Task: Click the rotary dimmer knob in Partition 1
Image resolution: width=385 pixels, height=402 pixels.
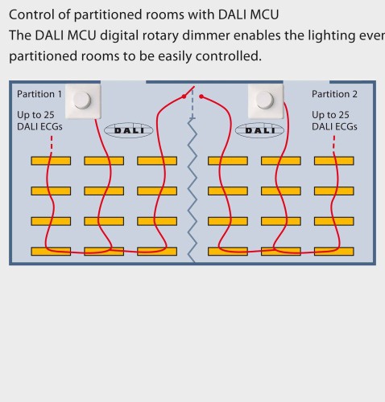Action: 82,100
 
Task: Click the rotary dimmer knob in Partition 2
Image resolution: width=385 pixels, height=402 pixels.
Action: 265,100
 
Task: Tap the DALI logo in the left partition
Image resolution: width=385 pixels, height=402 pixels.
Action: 128,130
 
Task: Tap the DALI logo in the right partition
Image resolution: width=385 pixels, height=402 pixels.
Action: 259,130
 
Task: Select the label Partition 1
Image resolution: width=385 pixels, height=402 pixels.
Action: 39,94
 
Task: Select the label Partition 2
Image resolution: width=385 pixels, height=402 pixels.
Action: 334,94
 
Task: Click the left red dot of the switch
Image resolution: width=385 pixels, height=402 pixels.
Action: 184,96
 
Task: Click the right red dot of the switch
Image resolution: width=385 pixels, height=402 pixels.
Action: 201,96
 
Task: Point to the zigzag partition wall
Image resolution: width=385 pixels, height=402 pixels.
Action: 192,191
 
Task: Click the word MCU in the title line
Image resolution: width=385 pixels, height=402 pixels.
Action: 264,14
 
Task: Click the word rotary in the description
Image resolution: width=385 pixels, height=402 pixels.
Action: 162,35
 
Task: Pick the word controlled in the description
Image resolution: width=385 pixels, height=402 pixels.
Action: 229,56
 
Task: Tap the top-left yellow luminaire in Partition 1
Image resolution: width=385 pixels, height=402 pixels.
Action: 51,161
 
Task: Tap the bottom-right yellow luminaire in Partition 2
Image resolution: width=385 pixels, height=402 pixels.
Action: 334,252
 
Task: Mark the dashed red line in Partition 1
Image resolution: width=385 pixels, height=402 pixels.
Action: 52,144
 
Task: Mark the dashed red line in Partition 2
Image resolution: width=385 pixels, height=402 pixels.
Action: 334,144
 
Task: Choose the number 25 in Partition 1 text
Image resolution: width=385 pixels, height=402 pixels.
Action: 49,115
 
